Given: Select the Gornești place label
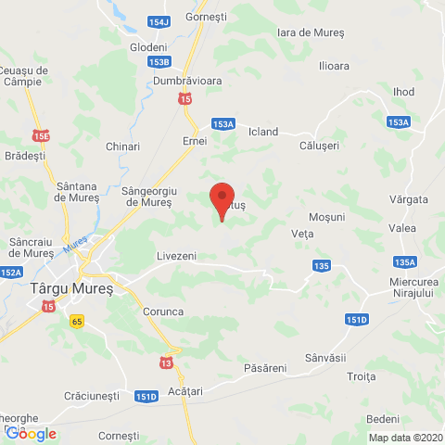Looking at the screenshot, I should pyautogui.click(x=206, y=17).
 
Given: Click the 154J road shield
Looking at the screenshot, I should pyautogui.click(x=159, y=21).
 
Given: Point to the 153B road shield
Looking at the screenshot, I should pyautogui.click(x=159, y=62).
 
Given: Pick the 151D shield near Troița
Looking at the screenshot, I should pyautogui.click(x=357, y=320).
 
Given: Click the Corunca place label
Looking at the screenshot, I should pyautogui.click(x=163, y=312).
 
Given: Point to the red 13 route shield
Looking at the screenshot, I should pyautogui.click(x=165, y=362).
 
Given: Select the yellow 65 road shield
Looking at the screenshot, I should pyautogui.click(x=76, y=320).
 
